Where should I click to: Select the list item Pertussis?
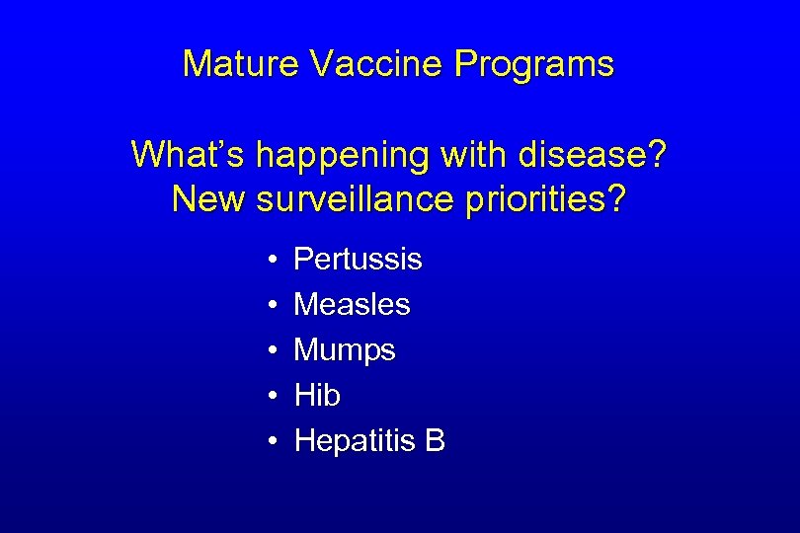(358, 260)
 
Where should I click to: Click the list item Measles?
(352, 304)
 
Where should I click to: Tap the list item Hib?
(317, 396)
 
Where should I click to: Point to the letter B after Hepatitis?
(435, 441)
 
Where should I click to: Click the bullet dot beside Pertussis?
(271, 261)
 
